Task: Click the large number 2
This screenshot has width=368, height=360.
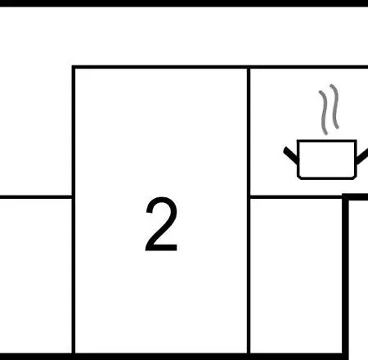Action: point(161,224)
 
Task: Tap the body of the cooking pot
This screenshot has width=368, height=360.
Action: point(326,160)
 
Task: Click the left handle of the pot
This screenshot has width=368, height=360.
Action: point(290,155)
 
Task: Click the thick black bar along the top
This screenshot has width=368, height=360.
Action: point(184,3)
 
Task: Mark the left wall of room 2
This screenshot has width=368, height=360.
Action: point(74,210)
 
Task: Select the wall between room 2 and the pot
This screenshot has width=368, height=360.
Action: point(249,210)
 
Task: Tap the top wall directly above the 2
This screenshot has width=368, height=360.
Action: point(161,67)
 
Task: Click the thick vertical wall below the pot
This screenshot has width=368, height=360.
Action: point(345,276)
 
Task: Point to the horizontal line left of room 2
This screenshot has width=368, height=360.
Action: point(36,197)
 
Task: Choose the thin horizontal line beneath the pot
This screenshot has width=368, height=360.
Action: point(296,197)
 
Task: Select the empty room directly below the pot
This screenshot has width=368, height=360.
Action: point(296,276)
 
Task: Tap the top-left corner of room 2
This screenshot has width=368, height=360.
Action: point(74,67)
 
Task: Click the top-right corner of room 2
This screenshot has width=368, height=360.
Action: point(249,67)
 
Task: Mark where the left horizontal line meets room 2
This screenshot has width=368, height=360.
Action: point(72,197)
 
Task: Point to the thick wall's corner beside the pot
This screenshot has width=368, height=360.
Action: point(345,197)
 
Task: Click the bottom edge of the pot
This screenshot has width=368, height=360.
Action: point(326,178)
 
